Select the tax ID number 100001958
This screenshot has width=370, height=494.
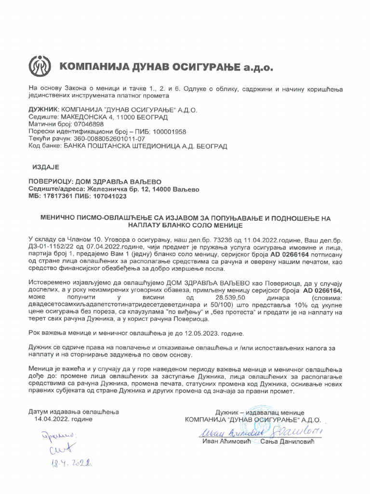pos(168,131)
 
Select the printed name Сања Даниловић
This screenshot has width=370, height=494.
pos(287,442)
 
